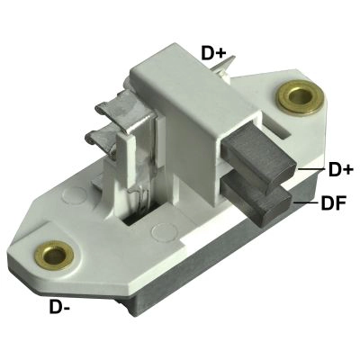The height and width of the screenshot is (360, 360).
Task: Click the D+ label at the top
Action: tap(213, 53)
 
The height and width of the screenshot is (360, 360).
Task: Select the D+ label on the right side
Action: tap(340, 169)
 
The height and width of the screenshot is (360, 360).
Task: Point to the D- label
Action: tap(60, 309)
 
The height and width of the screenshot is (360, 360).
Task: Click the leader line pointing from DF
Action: tap(304, 203)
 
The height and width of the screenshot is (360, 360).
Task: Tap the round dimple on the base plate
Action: tap(163, 234)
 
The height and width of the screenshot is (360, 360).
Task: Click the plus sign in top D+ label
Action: tap(220, 53)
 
